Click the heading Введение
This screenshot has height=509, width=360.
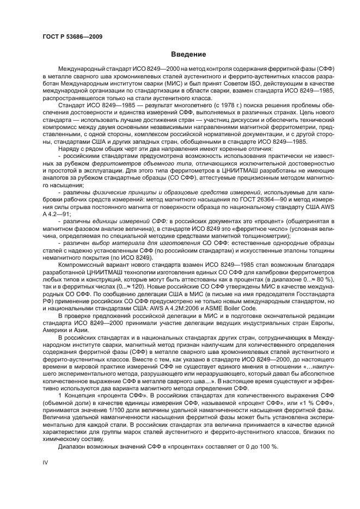coord(187,54)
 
